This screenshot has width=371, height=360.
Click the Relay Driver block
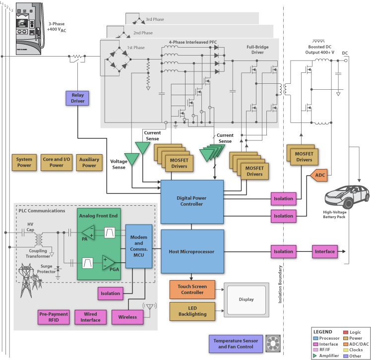78,98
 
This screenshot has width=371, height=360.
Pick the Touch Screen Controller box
191,289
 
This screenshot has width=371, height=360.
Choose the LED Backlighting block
191,311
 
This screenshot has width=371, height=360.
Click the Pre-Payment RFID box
53,316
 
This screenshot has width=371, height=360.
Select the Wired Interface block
90,316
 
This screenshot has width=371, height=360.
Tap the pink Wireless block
127,316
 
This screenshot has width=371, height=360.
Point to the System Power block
24,162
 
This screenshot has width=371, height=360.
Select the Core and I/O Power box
57,162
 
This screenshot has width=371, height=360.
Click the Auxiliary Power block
89,162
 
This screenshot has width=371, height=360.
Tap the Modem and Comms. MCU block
138,245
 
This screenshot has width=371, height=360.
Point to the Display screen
246,300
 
